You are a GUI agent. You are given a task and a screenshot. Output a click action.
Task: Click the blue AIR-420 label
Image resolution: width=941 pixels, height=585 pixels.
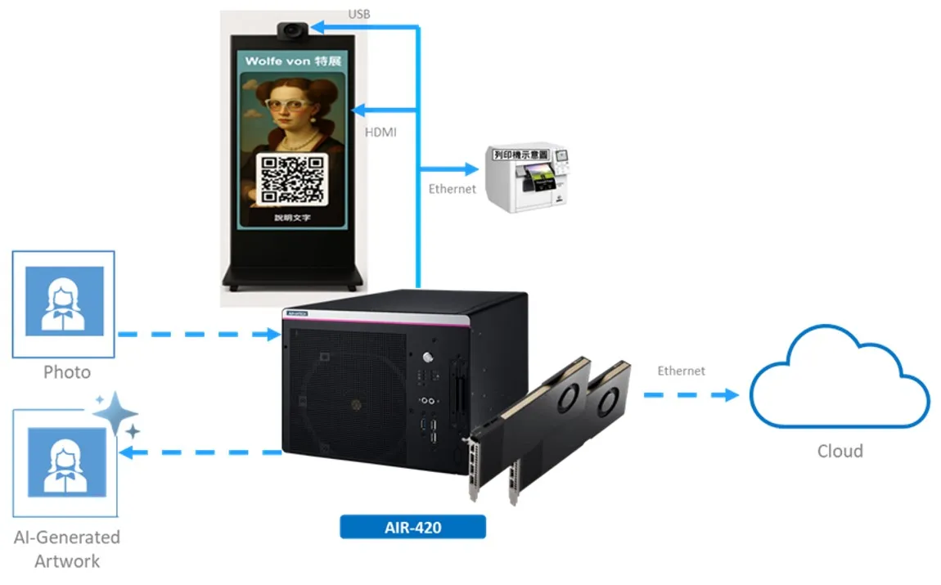[x=412, y=527]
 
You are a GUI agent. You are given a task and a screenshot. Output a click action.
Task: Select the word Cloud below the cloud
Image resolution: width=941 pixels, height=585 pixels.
[x=840, y=451]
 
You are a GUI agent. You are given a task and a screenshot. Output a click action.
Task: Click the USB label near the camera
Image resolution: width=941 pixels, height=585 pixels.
[x=359, y=14]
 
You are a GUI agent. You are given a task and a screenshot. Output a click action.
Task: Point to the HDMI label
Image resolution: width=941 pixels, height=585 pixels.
[x=380, y=132]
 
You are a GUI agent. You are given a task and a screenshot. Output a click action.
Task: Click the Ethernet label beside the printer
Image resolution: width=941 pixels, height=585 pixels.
[x=452, y=189]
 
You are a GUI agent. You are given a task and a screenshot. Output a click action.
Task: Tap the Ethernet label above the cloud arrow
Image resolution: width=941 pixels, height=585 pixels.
[x=681, y=371]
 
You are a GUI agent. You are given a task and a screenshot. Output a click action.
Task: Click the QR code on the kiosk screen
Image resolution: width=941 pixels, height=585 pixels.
[x=292, y=179]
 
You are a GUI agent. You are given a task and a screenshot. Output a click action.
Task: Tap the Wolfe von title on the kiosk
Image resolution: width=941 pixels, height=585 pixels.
[x=292, y=61]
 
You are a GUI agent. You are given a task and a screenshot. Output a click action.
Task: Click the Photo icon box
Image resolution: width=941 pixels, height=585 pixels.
[x=64, y=303]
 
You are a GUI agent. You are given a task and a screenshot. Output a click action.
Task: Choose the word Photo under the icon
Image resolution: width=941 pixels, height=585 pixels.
[x=67, y=372]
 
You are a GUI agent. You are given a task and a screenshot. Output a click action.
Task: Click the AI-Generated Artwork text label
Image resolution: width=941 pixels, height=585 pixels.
[x=67, y=549]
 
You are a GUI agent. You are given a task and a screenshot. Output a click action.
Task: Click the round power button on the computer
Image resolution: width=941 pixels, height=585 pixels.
[x=426, y=358]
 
